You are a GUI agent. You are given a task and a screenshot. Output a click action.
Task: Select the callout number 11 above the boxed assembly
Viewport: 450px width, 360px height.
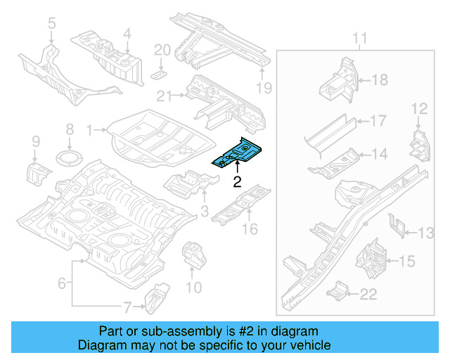(x=359, y=38)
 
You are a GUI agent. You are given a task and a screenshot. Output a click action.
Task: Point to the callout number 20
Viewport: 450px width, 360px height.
(x=162, y=49)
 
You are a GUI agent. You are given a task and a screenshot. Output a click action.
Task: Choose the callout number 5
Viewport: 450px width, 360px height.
(x=51, y=25)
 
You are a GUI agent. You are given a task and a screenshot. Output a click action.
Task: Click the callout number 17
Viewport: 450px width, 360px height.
(x=378, y=121)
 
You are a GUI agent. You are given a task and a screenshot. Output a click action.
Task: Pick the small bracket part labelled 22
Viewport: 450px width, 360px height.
(x=340, y=290)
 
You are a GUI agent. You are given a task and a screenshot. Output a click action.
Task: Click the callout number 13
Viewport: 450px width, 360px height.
(x=426, y=233)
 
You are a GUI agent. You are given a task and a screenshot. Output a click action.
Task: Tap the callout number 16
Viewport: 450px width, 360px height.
(x=250, y=229)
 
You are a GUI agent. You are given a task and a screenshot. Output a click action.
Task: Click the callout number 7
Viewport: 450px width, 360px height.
(x=127, y=306)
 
